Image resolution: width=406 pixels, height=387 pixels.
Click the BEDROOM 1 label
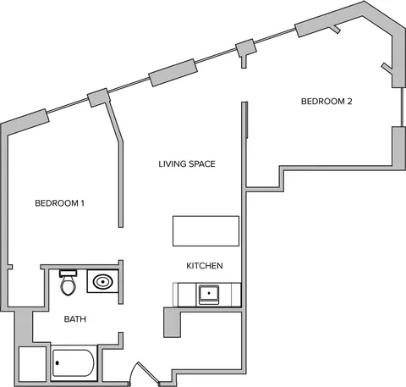click(x=59, y=203)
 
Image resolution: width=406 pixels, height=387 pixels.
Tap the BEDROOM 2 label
click(x=326, y=102)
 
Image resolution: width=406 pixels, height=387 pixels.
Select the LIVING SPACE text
click(x=187, y=164)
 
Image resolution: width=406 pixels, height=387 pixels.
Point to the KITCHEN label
click(x=205, y=266)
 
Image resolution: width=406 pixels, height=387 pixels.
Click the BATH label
click(x=75, y=319)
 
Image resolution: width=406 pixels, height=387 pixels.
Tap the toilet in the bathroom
click(x=69, y=283)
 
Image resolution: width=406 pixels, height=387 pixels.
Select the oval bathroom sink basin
click(x=103, y=281)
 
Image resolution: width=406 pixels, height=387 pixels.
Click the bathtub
click(x=74, y=363)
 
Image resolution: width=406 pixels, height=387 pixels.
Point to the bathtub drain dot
click(x=58, y=363)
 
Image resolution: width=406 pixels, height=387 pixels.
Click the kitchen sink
click(x=209, y=295)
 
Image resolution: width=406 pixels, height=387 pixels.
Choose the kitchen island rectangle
click(x=206, y=231)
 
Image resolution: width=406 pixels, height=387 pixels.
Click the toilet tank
click(x=69, y=273)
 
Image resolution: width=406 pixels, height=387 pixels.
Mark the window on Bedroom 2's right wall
click(x=403, y=107)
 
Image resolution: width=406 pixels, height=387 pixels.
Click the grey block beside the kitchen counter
click(x=172, y=322)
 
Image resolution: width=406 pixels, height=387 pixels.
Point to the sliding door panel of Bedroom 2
click(x=247, y=119)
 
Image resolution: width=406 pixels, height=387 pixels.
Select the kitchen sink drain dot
click(x=209, y=293)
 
